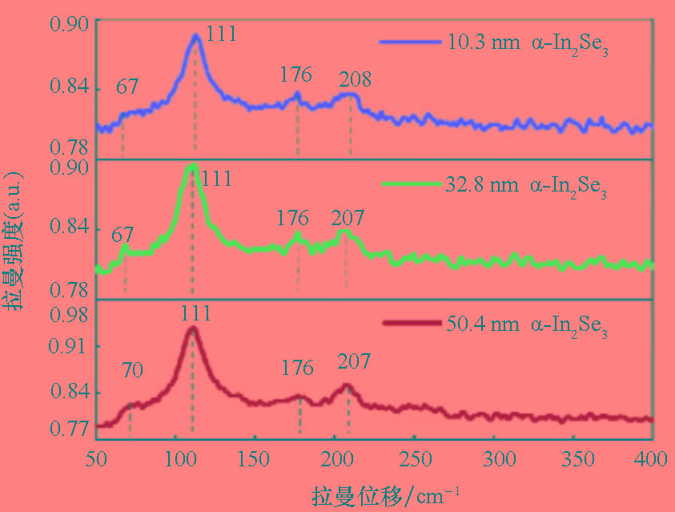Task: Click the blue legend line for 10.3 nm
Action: (x=408, y=42)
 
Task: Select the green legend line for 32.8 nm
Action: (x=408, y=184)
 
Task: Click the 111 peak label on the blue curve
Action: (x=221, y=34)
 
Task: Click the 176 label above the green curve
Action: (x=292, y=219)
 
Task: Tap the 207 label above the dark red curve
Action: (x=354, y=361)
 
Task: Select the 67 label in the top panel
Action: (x=127, y=87)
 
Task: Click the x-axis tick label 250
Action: (x=416, y=459)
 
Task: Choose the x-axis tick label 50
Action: (x=96, y=459)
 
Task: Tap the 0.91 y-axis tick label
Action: (x=68, y=346)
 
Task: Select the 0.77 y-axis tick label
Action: (x=68, y=428)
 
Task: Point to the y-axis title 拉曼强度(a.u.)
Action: (x=17, y=240)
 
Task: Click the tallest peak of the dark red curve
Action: (x=191, y=329)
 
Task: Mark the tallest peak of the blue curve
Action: (x=195, y=36)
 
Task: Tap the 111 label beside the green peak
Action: (x=216, y=177)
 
